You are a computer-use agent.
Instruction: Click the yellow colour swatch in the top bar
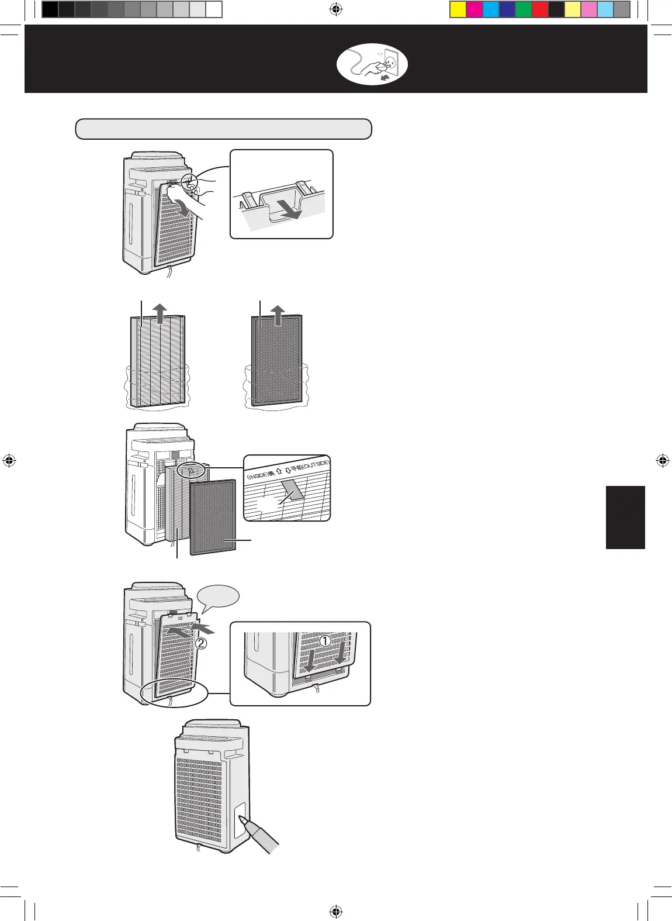click(x=458, y=10)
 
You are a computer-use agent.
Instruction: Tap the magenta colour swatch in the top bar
click(x=474, y=10)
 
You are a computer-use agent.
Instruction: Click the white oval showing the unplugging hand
click(x=372, y=64)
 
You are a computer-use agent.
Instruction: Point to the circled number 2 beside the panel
click(x=200, y=644)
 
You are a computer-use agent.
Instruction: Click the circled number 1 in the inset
click(x=325, y=640)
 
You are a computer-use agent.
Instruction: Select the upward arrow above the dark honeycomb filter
click(x=279, y=313)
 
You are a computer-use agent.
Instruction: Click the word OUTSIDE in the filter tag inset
click(x=316, y=466)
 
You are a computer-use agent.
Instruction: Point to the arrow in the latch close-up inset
click(x=290, y=211)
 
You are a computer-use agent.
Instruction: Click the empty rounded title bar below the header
click(x=223, y=129)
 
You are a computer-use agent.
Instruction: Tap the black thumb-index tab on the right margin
click(x=625, y=518)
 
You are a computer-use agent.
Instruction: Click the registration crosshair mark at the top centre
click(x=335, y=9)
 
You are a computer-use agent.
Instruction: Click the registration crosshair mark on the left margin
click(x=9, y=460)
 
